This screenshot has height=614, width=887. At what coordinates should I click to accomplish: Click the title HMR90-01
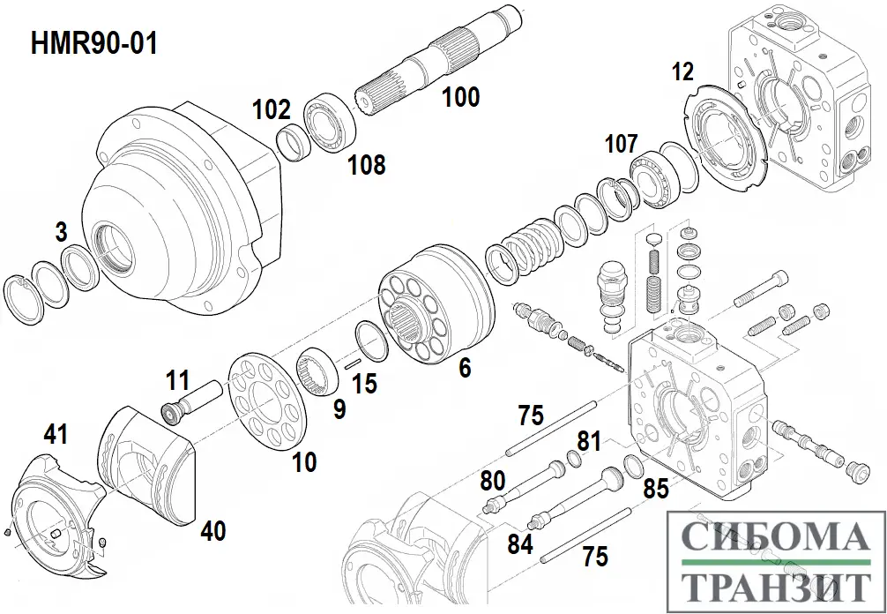(94, 43)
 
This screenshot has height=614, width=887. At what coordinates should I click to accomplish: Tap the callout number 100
(460, 96)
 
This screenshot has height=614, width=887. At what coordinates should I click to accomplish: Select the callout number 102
(271, 109)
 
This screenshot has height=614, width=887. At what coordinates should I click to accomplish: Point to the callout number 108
(366, 163)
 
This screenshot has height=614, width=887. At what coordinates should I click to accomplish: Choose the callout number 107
(621, 143)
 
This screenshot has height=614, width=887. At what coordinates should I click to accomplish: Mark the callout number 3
(61, 232)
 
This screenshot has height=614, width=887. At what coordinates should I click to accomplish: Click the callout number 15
(364, 385)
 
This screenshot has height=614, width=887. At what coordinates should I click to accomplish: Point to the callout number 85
(655, 487)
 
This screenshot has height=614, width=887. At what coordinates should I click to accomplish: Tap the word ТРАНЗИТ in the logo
(773, 587)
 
